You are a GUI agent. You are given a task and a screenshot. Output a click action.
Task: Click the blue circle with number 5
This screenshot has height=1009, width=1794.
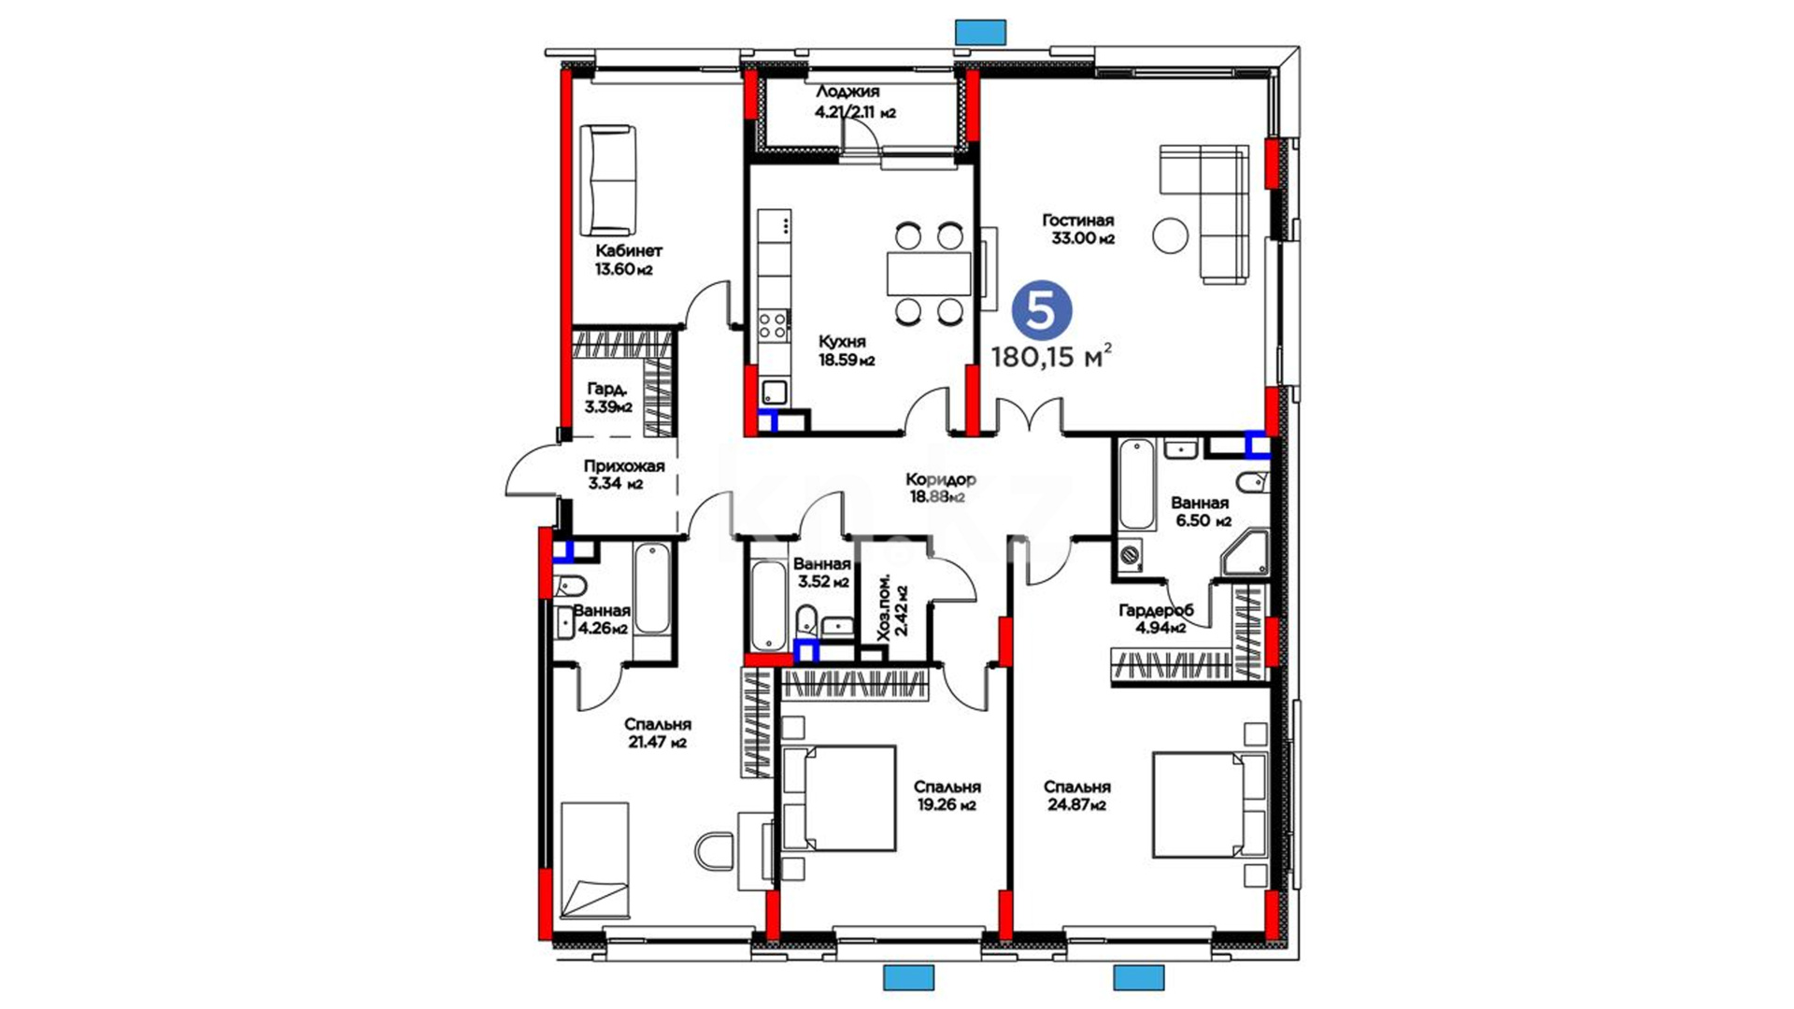(x=1040, y=310)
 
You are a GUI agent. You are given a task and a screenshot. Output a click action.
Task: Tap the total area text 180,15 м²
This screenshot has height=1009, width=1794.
(x=1051, y=356)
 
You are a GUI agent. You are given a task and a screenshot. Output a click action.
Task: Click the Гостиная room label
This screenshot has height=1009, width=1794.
(x=1078, y=220)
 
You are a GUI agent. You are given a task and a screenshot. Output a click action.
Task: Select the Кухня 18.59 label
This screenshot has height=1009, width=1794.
(x=847, y=350)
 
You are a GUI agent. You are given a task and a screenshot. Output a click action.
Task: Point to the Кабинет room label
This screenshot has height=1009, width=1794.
(x=629, y=250)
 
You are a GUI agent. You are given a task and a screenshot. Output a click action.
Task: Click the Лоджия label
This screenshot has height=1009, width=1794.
(x=847, y=92)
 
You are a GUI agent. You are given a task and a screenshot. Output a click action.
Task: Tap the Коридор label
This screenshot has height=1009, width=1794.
(x=941, y=479)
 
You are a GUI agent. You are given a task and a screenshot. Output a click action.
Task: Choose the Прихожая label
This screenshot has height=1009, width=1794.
(x=624, y=466)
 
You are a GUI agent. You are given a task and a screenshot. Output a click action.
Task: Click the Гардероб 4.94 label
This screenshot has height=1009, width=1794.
(x=1156, y=618)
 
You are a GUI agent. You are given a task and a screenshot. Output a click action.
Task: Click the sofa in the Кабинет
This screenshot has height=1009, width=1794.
(x=607, y=180)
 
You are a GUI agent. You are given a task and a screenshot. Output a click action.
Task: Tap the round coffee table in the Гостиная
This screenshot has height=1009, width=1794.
(x=1170, y=235)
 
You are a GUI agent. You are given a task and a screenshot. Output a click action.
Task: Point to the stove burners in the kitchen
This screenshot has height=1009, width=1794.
(x=773, y=325)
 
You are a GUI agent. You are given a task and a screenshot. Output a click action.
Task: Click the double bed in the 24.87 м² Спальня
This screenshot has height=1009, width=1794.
(x=1209, y=804)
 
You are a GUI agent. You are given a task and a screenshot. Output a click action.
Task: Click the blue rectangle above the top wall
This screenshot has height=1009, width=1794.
(x=980, y=32)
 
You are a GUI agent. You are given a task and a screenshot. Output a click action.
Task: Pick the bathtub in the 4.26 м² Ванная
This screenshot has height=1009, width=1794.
(x=652, y=590)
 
